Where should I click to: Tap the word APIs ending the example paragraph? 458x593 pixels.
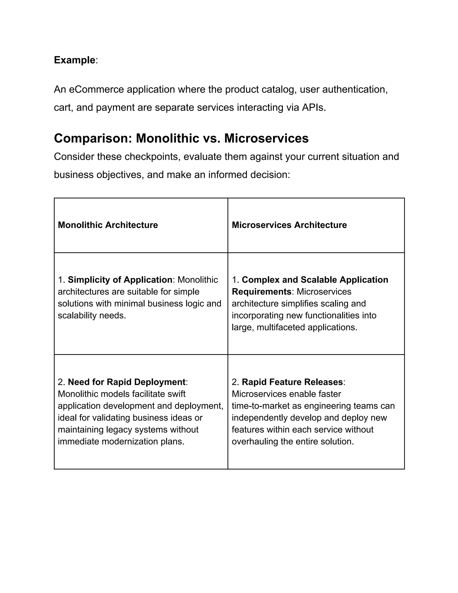pyautogui.click(x=314, y=107)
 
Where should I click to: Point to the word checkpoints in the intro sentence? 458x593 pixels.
pyautogui.click(x=153, y=157)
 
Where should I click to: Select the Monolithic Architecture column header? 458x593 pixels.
pyautogui.click(x=108, y=225)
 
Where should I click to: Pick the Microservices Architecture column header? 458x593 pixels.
pyautogui.click(x=289, y=225)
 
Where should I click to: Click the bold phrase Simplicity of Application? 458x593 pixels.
pyautogui.click(x=120, y=280)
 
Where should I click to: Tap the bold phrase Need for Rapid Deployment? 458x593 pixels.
pyautogui.click(x=126, y=382)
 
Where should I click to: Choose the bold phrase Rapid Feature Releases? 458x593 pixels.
pyautogui.click(x=292, y=382)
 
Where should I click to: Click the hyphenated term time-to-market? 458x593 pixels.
pyautogui.click(x=261, y=406)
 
